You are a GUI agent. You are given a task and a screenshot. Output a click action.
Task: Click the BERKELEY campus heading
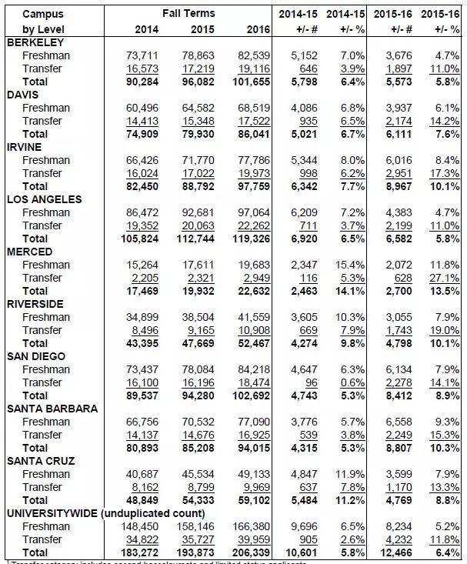point(35,42)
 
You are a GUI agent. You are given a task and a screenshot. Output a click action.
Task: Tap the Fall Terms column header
point(188,15)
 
